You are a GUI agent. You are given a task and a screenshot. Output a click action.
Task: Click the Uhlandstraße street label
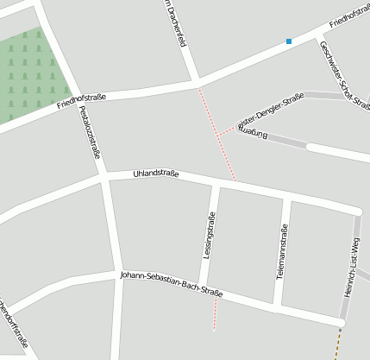coord(156,174)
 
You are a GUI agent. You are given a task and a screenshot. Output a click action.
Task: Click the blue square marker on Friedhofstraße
coord(289,41)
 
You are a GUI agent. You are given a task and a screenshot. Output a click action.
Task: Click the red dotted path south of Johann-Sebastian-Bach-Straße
coord(215,315)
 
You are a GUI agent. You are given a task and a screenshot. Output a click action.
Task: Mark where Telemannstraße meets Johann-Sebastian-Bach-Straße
coord(278,307)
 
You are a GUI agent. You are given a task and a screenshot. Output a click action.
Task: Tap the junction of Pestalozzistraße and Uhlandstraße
coord(104,176)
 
